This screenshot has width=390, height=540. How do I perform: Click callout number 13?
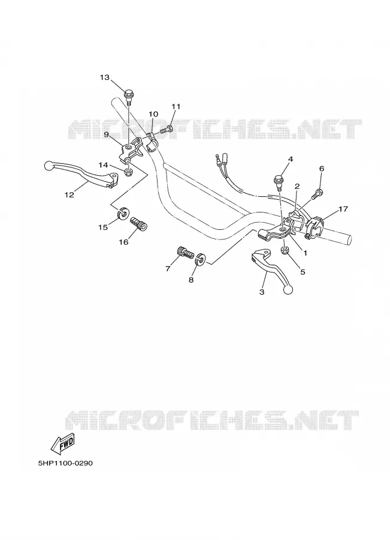pos(105,77)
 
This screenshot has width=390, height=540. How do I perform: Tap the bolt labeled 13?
pos(129,96)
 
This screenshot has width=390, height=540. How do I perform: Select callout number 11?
pos(176,106)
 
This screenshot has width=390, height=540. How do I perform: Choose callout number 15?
pos(103,227)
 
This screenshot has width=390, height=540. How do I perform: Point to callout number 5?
pos(303,272)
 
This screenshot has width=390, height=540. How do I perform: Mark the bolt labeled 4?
pos(278,182)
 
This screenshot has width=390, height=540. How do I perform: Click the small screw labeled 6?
pos(317,194)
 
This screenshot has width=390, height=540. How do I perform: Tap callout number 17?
pos(343,209)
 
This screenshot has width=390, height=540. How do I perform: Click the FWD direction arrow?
pos(62,444)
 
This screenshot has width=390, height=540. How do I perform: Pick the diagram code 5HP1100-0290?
pos(65,463)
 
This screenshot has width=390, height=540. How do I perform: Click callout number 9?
pos(107,134)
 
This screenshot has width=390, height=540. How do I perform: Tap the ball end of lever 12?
pos(49,166)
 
